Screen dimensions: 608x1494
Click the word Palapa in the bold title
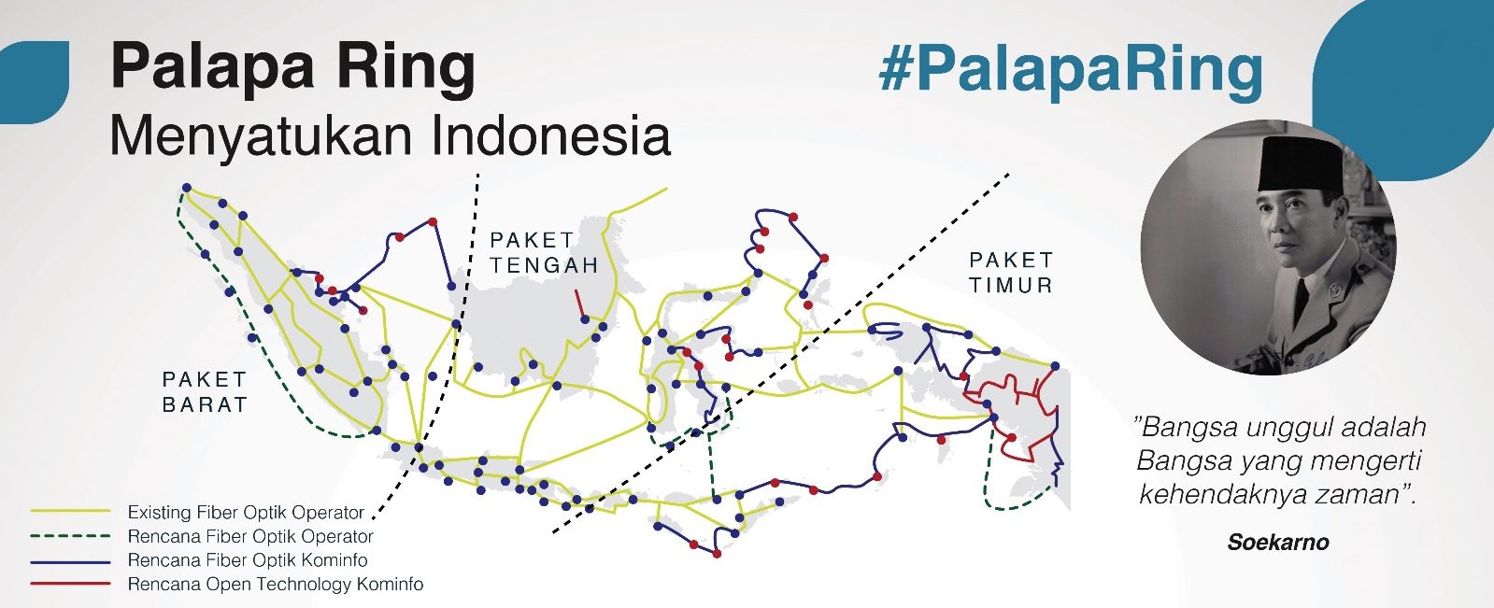pos(212,67)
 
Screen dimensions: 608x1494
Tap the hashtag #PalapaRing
pos(1071,69)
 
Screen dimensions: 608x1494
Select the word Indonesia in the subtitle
pos(551,135)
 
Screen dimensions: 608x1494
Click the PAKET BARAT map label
pos(205,392)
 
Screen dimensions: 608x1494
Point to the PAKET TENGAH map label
pos(544,253)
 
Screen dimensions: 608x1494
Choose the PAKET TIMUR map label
pos(1011,273)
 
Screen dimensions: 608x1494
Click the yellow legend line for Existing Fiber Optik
pos(70,512)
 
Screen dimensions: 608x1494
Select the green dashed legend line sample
pos(70,536)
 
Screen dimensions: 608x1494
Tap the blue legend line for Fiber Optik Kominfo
pos(70,561)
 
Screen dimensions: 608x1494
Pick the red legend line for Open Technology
pos(70,585)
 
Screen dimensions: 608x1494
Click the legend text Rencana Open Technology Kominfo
pos(275,585)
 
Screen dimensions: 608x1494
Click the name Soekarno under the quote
pos(1277,543)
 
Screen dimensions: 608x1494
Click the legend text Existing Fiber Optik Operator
pos(246,513)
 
